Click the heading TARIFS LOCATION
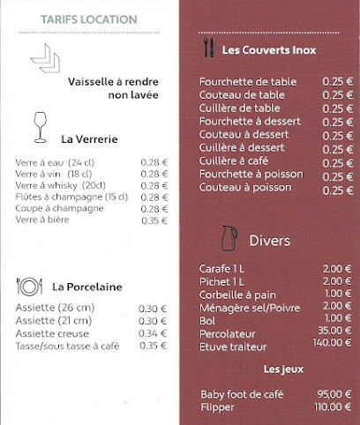click(89, 19)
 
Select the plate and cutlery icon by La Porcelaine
click(30, 286)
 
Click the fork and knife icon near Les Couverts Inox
click(208, 48)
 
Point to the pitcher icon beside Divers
click(229, 238)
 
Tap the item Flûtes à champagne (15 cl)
click(71, 198)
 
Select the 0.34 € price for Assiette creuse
click(153, 333)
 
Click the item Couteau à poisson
click(244, 188)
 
